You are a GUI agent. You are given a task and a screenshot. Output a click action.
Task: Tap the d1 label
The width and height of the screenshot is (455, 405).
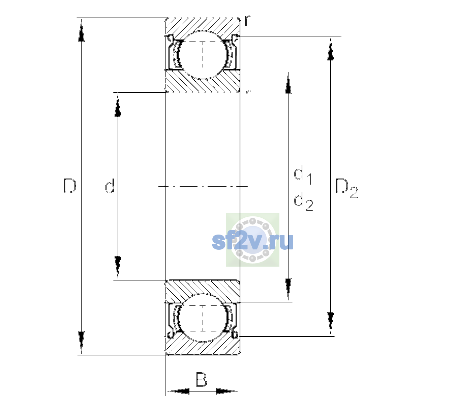point(303,174)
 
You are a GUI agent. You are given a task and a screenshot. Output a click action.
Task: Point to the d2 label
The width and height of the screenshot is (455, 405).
point(303,201)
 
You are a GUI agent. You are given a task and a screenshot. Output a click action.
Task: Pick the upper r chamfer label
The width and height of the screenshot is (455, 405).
point(247,21)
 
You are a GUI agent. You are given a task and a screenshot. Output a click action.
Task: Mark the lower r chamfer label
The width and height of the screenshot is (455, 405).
point(247,95)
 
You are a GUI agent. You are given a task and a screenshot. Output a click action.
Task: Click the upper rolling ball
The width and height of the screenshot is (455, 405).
point(203,55)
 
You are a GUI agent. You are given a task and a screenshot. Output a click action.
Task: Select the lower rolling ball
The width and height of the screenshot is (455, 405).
point(203,318)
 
